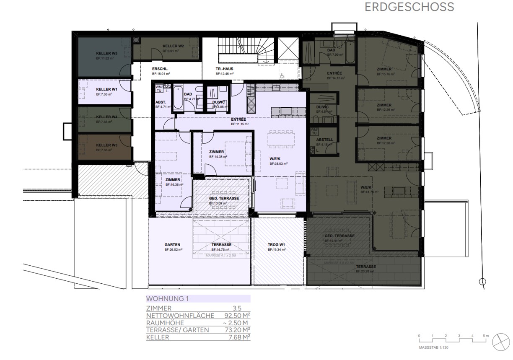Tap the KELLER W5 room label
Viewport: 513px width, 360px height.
104,54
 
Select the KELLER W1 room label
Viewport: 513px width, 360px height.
106,89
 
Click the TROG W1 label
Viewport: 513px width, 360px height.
277,245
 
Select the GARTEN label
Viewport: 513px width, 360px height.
172,245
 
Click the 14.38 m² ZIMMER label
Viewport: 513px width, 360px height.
217,152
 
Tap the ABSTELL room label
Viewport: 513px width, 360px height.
324,140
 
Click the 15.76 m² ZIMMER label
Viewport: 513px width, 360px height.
384,69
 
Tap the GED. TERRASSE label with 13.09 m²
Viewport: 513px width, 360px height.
224,198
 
